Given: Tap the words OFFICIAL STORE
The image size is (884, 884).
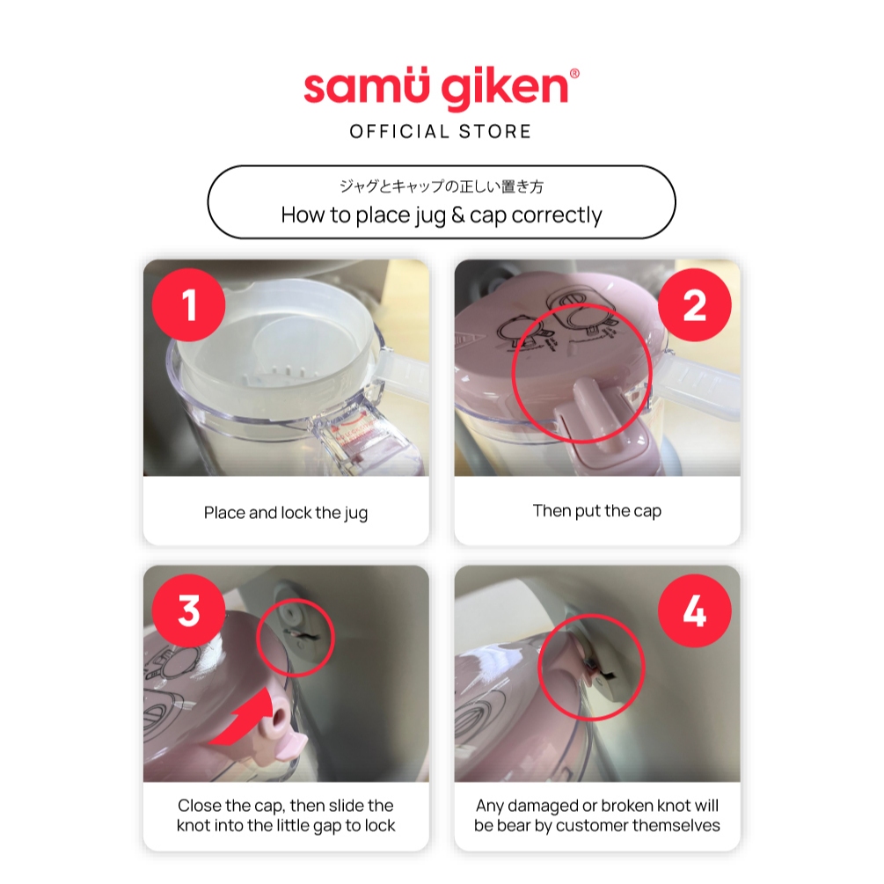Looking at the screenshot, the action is click(x=441, y=132).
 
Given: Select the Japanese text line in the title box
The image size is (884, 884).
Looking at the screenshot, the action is click(x=441, y=186).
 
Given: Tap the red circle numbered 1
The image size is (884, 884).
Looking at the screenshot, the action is click(x=189, y=305).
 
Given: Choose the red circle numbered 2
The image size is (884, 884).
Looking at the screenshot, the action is click(x=695, y=305).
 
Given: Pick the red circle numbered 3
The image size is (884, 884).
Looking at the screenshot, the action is click(x=189, y=610).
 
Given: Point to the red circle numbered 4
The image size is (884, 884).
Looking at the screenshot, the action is click(x=695, y=610).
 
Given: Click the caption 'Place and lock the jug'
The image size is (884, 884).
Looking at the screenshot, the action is click(x=286, y=513).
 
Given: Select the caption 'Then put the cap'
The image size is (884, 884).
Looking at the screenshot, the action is click(x=597, y=511).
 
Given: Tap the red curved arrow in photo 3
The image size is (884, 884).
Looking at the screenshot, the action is click(x=239, y=719).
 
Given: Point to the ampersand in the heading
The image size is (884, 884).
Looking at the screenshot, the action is click(x=457, y=215).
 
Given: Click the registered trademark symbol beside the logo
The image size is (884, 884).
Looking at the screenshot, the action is click(x=574, y=73).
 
